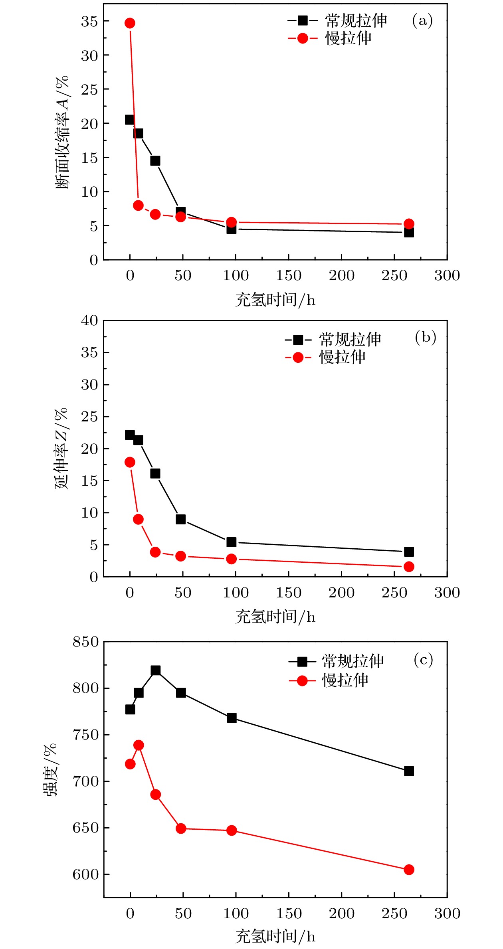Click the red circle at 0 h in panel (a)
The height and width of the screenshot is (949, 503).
(x=130, y=23)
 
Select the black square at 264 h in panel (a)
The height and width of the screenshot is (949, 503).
(x=408, y=232)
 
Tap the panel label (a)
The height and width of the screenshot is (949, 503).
(x=422, y=20)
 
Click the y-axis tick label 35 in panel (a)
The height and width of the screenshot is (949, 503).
(x=89, y=21)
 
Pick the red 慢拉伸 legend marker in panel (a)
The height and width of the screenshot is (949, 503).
(x=303, y=38)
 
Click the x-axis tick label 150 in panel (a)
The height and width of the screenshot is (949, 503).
(x=289, y=275)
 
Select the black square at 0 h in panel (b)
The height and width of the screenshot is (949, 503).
(x=130, y=435)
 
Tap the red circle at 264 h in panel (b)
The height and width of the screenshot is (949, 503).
(x=408, y=567)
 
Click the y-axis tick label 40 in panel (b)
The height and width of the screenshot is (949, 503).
(x=89, y=320)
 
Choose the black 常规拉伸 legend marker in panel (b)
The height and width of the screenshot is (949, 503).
(x=298, y=340)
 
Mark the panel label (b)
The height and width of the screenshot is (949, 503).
(x=425, y=338)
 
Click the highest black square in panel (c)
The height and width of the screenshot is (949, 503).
(x=155, y=670)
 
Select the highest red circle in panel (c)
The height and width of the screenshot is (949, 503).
(x=139, y=745)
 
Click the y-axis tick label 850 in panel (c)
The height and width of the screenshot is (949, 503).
(x=85, y=642)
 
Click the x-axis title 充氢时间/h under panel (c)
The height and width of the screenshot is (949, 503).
(x=275, y=936)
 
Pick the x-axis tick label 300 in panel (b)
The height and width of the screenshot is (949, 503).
(x=447, y=593)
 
